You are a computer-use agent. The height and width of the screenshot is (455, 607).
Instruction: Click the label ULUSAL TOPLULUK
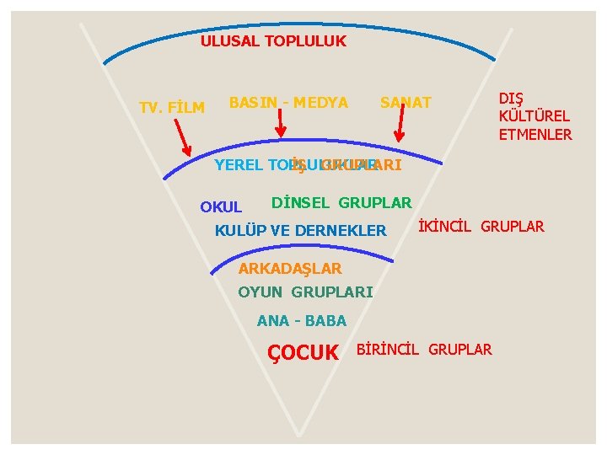point(273,40)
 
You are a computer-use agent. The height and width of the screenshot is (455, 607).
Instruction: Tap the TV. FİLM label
point(172,108)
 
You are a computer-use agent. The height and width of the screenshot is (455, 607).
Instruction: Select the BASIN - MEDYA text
point(288,103)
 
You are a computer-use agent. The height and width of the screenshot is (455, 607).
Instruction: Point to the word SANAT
point(406,103)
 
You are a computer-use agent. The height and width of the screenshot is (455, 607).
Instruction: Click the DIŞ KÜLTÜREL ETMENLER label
point(534,116)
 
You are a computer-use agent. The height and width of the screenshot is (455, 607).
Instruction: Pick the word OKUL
point(221,206)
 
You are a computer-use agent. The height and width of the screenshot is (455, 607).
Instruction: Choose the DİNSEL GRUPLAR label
point(341,202)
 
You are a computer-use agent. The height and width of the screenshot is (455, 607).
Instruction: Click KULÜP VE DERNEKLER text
point(301,230)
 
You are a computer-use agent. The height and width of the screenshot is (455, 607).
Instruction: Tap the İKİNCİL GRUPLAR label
point(481,226)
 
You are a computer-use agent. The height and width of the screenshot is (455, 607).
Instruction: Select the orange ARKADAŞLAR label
point(290,269)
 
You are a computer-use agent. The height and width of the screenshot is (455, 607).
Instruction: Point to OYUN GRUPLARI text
point(305,292)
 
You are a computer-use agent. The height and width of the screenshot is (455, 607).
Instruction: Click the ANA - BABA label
point(301,320)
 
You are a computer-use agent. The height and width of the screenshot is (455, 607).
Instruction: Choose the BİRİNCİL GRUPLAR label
point(425,349)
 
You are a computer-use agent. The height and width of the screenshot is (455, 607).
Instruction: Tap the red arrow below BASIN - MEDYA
point(281,122)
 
